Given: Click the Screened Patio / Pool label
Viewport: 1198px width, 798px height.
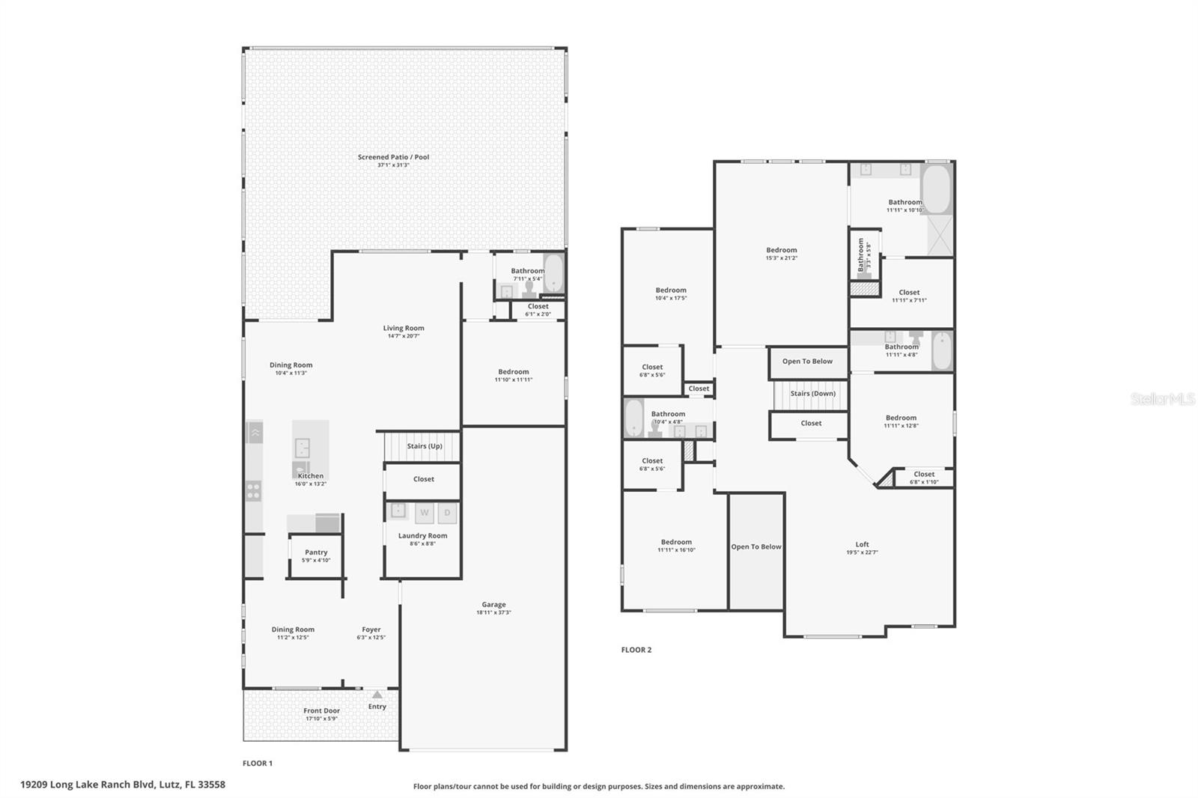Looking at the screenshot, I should [393, 157].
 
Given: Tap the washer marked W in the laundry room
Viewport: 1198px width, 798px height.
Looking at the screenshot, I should [425, 513].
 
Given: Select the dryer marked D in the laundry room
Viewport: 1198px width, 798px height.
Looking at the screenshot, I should [447, 513].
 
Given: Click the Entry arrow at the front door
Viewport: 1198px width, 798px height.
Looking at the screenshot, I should [377, 695].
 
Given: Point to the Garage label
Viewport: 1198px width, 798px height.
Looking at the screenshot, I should [493, 605].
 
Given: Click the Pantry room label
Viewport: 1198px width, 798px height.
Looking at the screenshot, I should [316, 552].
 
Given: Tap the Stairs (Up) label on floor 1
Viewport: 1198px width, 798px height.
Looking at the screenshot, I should [425, 446].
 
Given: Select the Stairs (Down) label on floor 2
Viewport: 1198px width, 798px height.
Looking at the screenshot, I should [812, 394].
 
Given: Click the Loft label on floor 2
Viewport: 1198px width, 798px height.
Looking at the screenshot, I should [862, 544].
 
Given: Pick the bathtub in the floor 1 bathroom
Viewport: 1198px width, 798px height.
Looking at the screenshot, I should [553, 274].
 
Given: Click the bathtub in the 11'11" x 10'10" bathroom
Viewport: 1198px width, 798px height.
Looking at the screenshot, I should [935, 189].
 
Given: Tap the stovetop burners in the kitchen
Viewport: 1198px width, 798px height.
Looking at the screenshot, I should [254, 491].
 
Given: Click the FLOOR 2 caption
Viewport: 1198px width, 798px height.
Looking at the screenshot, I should [636, 650].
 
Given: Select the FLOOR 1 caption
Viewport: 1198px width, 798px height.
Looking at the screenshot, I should [258, 764].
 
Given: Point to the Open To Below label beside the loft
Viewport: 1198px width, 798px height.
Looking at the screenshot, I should [755, 547].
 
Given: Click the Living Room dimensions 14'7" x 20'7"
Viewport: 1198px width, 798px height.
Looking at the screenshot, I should [404, 336].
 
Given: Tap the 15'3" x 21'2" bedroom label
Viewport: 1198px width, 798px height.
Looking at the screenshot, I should [781, 251].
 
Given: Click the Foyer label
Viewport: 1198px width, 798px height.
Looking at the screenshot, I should [371, 630].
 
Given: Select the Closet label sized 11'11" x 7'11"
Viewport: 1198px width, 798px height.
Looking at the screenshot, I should [909, 293].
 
